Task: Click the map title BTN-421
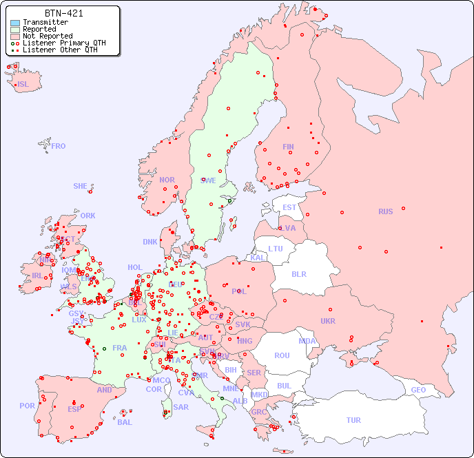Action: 63,13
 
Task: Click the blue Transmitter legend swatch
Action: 15,23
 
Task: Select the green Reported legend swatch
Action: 15,30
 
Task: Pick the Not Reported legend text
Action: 47,37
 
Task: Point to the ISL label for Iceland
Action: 23,85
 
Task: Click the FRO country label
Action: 59,146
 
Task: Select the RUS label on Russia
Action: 385,211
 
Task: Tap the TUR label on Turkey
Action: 353,420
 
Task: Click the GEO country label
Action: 418,390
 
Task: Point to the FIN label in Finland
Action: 288,147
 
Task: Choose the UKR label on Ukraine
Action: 328,321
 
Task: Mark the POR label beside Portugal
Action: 27,406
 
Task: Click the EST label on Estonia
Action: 289,207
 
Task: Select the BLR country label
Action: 299,273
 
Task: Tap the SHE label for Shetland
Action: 81,186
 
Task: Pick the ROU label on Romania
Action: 282,355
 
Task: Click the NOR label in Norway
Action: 167,180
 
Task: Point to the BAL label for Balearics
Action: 125,422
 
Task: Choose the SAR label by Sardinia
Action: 181,407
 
